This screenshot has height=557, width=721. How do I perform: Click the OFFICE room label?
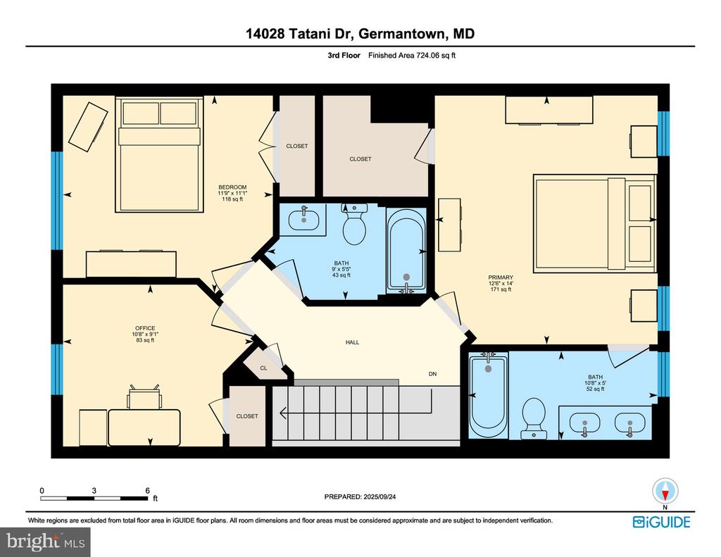tap(145, 328)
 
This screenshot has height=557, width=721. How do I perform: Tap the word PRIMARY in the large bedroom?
tap(501, 277)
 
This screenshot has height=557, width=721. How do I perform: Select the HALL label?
tap(352, 342)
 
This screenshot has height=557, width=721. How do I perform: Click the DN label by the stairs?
tap(432, 374)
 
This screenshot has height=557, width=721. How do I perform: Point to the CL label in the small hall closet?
tap(263, 368)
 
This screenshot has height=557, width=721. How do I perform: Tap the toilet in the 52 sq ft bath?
tap(534, 418)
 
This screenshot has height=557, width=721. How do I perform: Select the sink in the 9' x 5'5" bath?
tap(304, 220)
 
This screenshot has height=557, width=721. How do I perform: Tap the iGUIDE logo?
tap(662, 522)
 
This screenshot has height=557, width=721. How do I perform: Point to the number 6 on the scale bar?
tap(148, 490)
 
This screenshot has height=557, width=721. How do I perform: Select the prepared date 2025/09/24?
tap(380, 496)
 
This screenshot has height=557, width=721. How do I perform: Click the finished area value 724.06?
tap(427, 55)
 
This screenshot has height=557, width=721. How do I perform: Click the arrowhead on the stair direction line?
tap(283, 413)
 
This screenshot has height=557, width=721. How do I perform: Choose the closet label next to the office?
tap(247, 415)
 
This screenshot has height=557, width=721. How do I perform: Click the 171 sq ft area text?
tap(501, 289)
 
